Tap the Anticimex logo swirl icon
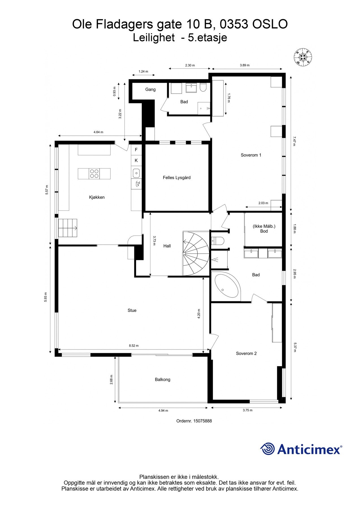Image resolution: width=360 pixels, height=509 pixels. coord(267,449)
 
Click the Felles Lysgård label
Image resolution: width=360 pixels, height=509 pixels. coord(176,178)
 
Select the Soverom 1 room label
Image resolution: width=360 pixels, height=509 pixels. coord(251,155)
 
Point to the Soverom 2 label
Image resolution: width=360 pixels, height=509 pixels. coord(246,353)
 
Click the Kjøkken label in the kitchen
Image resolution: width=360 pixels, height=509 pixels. coord(97,197)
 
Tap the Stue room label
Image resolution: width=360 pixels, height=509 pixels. coord(132,310)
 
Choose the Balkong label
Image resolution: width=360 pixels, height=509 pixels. coord(162,379)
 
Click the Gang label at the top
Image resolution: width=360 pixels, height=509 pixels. coord(150,89)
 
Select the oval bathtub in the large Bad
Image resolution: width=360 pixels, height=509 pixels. coord(227,286)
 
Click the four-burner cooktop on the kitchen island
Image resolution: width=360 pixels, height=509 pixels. coord(94,174)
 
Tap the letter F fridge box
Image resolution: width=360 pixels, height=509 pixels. coord(136,150)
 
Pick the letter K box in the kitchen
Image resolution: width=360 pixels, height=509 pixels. coord(136,160)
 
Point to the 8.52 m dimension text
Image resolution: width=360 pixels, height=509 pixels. coord(134,346)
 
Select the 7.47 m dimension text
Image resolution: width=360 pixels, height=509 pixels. coord(294,141)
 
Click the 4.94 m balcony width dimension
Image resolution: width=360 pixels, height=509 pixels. coord(163,411)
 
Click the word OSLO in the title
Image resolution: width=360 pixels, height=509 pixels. coord(270,24)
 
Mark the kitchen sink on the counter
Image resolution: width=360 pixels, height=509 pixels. coord(136,172)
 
